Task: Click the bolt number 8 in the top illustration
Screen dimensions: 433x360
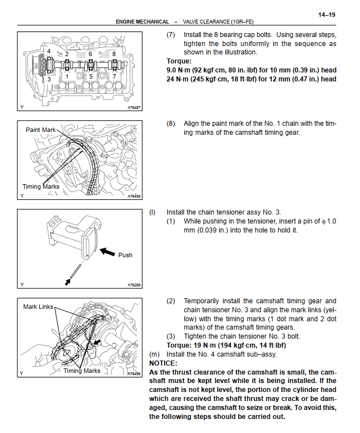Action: (114, 54)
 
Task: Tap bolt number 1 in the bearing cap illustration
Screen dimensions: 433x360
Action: (67, 76)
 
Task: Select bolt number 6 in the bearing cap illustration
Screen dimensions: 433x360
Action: (90, 54)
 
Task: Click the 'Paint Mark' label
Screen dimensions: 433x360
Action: (41, 130)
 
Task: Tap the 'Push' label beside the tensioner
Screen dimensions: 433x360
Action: (125, 255)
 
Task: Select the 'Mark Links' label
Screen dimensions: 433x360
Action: (38, 307)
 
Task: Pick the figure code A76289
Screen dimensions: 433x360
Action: (134, 284)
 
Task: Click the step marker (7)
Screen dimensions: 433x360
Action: (171, 35)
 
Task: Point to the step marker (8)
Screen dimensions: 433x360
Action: (171, 124)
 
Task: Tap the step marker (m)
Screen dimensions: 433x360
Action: (153, 354)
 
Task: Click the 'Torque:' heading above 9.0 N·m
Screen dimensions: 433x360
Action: (179, 61)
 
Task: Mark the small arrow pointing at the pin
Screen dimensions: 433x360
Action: (68, 281)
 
